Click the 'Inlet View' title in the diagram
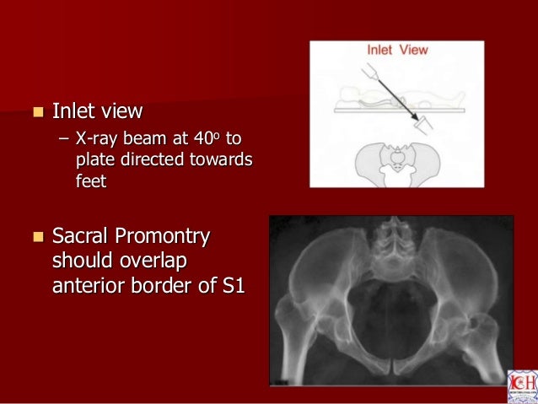(397, 50)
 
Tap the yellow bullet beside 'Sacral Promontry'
(35, 234)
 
